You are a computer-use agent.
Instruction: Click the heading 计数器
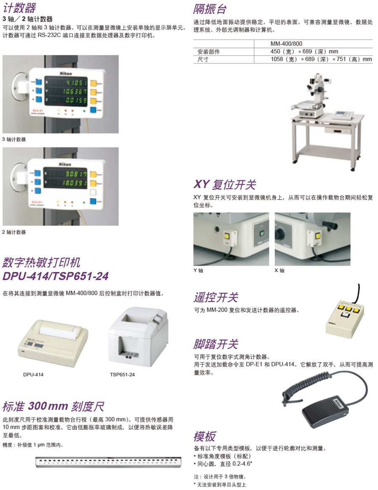pyautogui.click(x=19, y=8)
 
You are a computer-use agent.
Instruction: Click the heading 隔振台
pyautogui.click(x=210, y=8)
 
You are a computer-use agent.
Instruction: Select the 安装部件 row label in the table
pyautogui.click(x=208, y=52)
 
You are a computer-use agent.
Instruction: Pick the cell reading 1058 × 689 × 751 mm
pyautogui.click(x=321, y=60)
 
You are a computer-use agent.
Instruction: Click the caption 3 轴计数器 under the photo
pyautogui.click(x=13, y=139)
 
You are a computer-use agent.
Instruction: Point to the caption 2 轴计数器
pyautogui.click(x=13, y=232)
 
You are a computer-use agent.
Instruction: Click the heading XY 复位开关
pyautogui.click(x=225, y=185)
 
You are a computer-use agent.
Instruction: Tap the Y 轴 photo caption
pyautogui.click(x=198, y=271)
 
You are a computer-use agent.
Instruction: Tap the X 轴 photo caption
pyautogui.click(x=279, y=271)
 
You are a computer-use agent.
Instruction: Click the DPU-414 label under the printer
pyautogui.click(x=33, y=374)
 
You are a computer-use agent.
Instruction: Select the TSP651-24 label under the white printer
pyautogui.click(x=122, y=374)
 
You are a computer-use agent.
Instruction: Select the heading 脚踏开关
pyautogui.click(x=216, y=344)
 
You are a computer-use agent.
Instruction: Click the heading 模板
pyautogui.click(x=205, y=435)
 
